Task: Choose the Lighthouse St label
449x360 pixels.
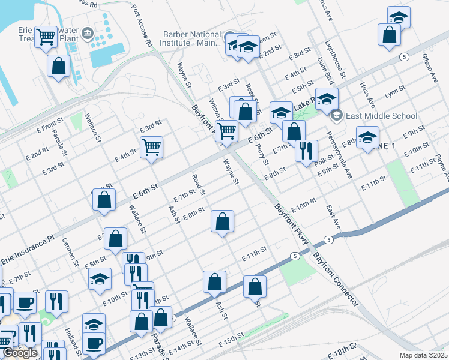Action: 335,60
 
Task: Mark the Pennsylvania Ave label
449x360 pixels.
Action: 339,157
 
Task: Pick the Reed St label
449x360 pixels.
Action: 198,185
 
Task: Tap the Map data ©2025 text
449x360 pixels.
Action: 424,355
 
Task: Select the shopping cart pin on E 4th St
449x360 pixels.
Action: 151,147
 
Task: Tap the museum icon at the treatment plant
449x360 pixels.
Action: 88,32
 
